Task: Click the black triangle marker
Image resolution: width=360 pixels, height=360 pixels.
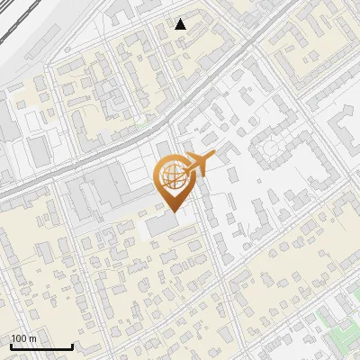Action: click(181, 24)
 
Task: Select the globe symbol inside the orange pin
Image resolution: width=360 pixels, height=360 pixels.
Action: click(171, 178)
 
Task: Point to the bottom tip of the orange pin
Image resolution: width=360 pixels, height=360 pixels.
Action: click(171, 211)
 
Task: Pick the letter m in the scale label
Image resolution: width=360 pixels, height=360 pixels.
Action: click(33, 338)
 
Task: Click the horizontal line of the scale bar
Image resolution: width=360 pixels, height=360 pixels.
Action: click(41, 346)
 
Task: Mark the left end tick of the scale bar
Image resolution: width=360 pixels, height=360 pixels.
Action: click(11, 346)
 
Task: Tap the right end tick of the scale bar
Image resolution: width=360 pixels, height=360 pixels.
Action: click(72, 346)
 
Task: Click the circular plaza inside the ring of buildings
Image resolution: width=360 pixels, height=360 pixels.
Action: click(271, 148)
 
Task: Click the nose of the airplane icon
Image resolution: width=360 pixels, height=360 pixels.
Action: click(214, 157)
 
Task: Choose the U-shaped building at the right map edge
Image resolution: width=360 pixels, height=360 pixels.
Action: click(346, 126)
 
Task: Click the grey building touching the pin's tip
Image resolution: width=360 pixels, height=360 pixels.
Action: click(162, 223)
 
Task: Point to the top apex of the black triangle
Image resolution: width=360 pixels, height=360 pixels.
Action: click(181, 19)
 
